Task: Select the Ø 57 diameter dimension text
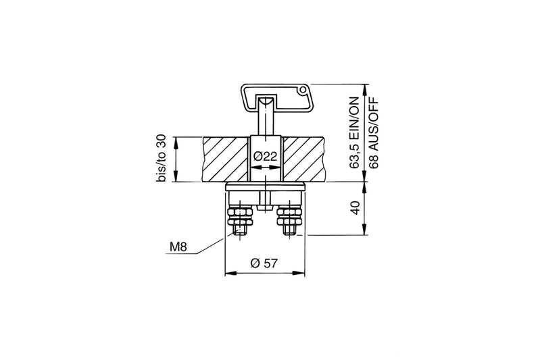pyautogui.click(x=264, y=263)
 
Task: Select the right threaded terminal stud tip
pyautogui.click(x=289, y=232)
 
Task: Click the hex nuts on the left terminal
pyautogui.click(x=240, y=217)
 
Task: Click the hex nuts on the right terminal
pyautogui.click(x=289, y=217)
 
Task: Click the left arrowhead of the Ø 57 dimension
pyautogui.click(x=227, y=274)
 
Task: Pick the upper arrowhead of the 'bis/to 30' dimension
pyautogui.click(x=175, y=140)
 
